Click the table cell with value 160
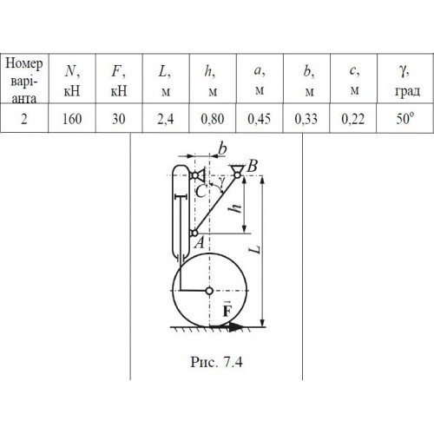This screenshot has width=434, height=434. point(72,118)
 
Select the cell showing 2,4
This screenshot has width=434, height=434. point(165,118)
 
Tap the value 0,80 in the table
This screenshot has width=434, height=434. point(213,118)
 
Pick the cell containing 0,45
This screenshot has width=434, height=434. point(260,118)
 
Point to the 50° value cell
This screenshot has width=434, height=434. point(405,118)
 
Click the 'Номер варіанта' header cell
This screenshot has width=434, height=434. point(24,79)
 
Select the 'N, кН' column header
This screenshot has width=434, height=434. point(72,79)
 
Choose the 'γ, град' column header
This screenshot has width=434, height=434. point(405,79)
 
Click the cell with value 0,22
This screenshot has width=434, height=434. point(353,118)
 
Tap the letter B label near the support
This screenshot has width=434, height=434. point(252,166)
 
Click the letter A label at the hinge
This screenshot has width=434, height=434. point(200,242)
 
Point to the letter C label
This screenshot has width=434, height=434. point(201,191)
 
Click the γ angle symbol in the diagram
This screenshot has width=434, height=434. point(221,181)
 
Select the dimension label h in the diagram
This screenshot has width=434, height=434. point(236,207)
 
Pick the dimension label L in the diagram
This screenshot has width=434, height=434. point(255,249)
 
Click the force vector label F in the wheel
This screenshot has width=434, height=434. point(227,310)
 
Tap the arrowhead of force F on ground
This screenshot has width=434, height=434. point(237,327)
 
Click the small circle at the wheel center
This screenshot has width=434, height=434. point(209,291)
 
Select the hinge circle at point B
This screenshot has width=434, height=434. point(237,174)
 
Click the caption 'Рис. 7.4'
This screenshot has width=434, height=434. point(216,362)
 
